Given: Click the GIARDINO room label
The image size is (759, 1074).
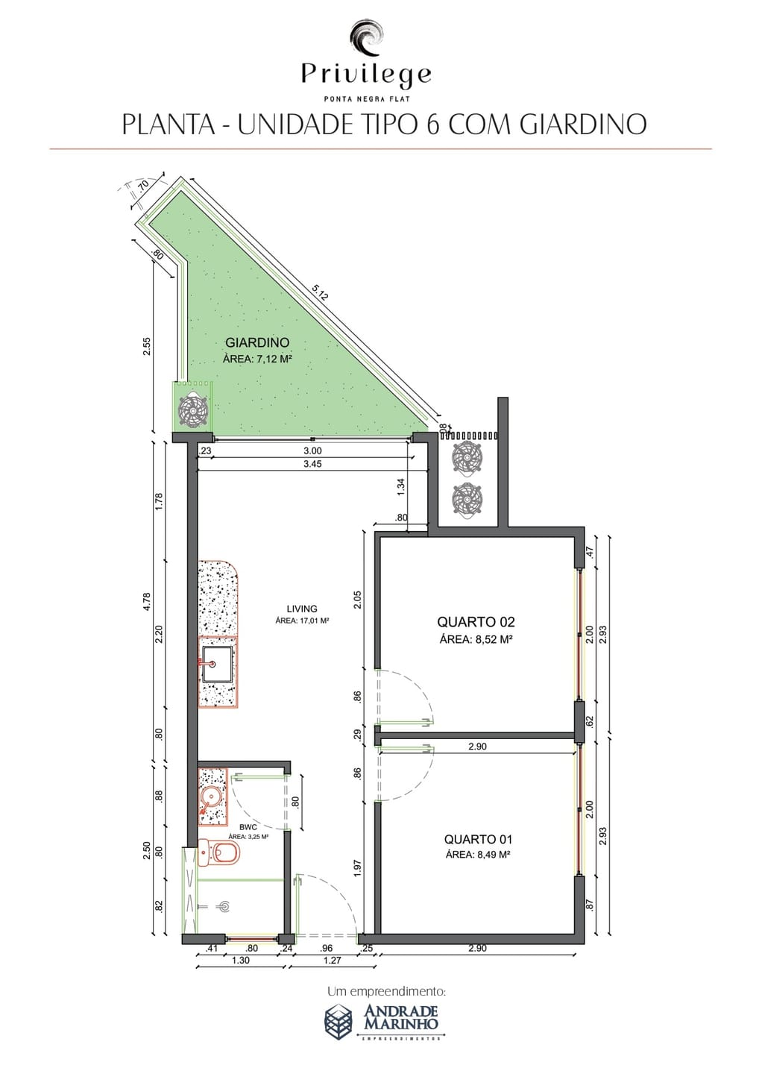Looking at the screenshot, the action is coord(257,343).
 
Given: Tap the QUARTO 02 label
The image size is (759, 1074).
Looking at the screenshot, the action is coord(476,622).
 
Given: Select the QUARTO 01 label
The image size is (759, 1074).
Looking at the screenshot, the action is coord(478,839).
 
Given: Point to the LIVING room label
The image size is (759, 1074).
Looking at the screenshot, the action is coord(302,609).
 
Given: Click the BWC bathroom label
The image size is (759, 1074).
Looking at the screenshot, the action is coord(248,827).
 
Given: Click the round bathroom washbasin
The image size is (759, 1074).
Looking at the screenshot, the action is coord(210,797).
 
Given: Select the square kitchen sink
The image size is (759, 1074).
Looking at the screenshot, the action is coord(217,664).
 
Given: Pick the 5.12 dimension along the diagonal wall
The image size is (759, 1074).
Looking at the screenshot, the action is coord(320,292).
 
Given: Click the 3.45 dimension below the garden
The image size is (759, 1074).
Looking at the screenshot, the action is coord(312,464).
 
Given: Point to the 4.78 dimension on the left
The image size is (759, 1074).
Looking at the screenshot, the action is coord(147,602).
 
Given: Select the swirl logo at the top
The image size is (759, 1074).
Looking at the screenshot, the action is coord(367,40).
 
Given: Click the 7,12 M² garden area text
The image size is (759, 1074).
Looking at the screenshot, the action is coord(275,359).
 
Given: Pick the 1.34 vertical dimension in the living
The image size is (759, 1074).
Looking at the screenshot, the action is coord(402,486).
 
